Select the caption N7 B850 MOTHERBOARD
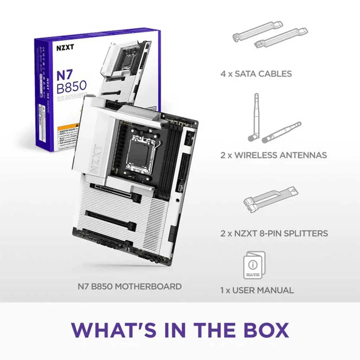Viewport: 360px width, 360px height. [130, 287]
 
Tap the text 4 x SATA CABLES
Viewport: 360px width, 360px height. [256, 74]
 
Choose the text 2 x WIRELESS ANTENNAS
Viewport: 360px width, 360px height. [274, 155]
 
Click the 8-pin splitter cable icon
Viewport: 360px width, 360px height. [271, 200]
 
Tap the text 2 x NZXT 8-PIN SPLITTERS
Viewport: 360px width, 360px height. [274, 233]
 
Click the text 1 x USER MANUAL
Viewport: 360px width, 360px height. [257, 290]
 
